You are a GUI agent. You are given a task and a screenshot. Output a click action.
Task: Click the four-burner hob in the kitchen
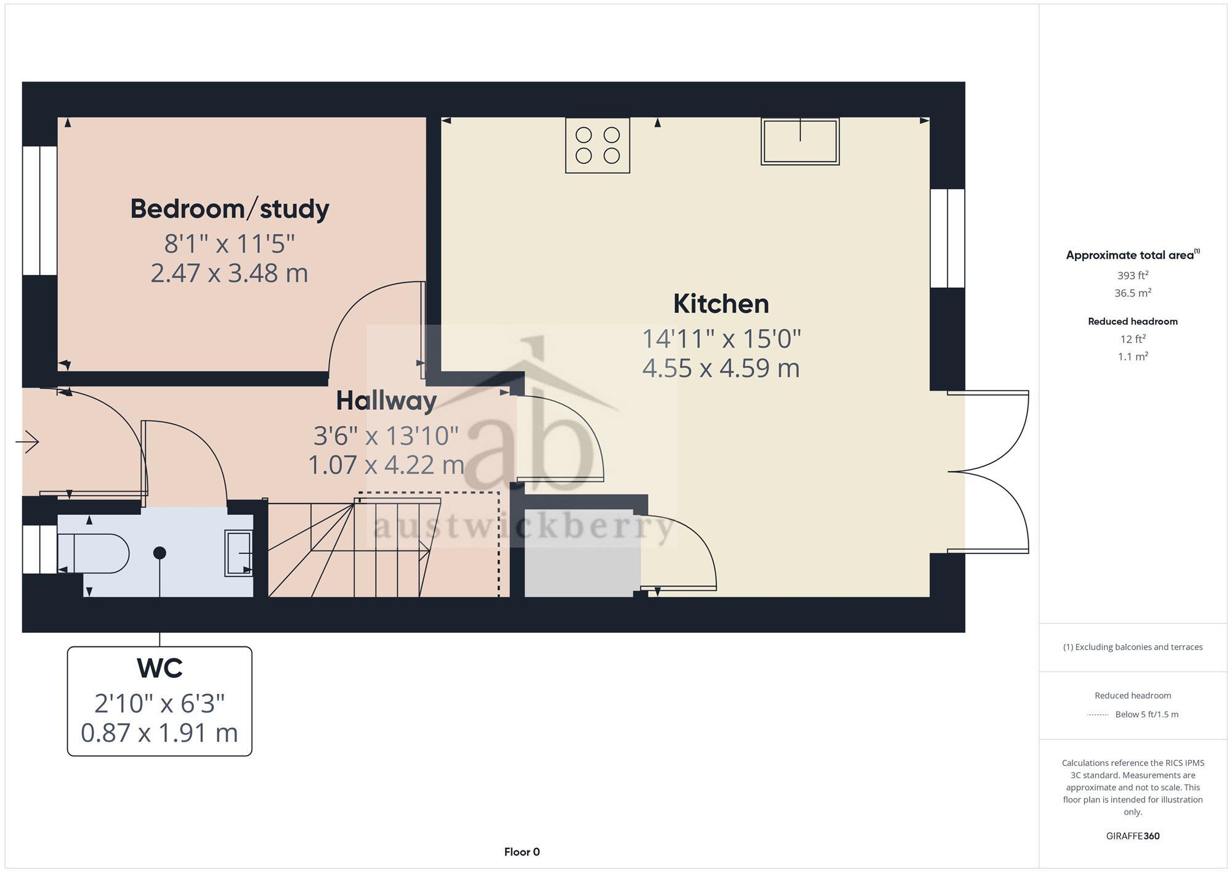(x=598, y=145)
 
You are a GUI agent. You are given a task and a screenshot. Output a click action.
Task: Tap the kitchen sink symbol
(x=800, y=142)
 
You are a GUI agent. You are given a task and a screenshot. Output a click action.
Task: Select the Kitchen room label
(x=721, y=304)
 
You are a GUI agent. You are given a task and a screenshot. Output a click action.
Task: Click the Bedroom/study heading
(x=230, y=209)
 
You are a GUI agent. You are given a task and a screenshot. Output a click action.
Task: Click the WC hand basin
(x=238, y=553)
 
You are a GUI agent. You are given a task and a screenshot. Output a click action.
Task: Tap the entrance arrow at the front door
(x=27, y=441)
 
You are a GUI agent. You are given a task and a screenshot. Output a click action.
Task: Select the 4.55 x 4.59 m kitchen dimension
(x=721, y=368)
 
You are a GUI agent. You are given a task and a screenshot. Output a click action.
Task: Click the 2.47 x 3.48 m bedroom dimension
(x=229, y=273)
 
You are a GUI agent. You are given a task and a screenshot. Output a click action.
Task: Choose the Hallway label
(x=386, y=401)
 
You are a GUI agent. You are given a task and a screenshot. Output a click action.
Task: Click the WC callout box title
(x=160, y=668)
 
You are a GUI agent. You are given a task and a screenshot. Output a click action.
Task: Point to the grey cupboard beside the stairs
(x=579, y=553)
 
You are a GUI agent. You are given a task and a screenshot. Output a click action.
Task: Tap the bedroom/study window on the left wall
(x=40, y=210)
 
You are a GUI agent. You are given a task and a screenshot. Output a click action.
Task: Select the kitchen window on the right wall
(x=947, y=238)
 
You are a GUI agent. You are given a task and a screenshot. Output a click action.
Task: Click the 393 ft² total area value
(x=1132, y=275)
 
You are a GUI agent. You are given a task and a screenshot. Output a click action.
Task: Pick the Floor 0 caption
(x=522, y=852)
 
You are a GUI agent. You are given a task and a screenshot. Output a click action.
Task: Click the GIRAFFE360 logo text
(x=1132, y=836)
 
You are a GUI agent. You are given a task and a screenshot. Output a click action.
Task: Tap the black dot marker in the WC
(x=160, y=553)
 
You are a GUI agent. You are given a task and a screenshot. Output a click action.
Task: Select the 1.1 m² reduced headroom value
(x=1132, y=357)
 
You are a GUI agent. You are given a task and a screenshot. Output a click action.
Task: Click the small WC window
(x=40, y=549)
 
